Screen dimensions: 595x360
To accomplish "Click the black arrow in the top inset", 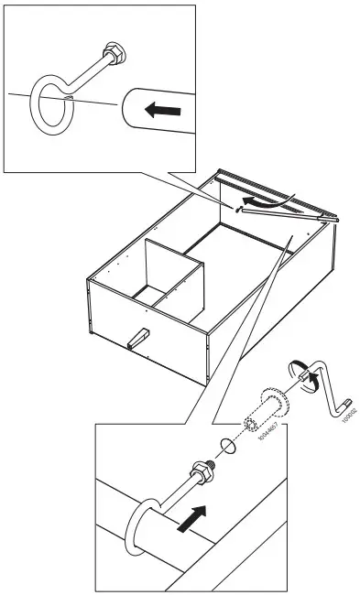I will click(161, 111).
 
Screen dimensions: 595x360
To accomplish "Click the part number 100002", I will click(348, 415).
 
